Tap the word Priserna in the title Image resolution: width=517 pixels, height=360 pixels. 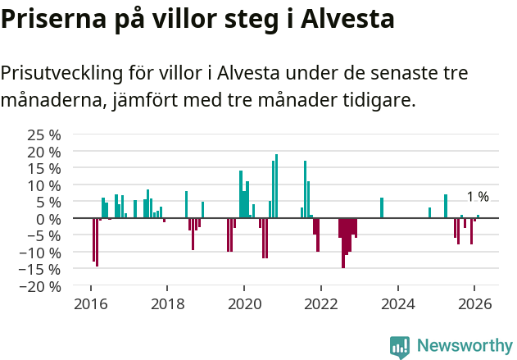click(x=50, y=19)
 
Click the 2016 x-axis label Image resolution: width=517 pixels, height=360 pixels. click(x=89, y=303)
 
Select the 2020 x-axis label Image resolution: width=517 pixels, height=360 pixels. click(x=243, y=303)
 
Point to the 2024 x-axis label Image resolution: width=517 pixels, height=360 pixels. click(x=397, y=303)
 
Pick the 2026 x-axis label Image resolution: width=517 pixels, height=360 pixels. click(x=474, y=303)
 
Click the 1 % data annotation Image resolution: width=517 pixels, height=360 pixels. click(x=478, y=197)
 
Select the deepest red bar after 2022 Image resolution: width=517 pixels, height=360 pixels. click(x=343, y=243)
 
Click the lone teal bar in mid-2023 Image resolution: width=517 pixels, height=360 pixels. click(x=382, y=208)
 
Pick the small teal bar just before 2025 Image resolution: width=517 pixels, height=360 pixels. click(x=429, y=213)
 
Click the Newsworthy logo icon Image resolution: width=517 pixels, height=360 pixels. click(x=400, y=347)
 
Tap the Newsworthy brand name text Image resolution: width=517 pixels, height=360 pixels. click(x=464, y=346)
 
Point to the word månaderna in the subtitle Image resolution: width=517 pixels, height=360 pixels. click(x=46, y=102)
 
